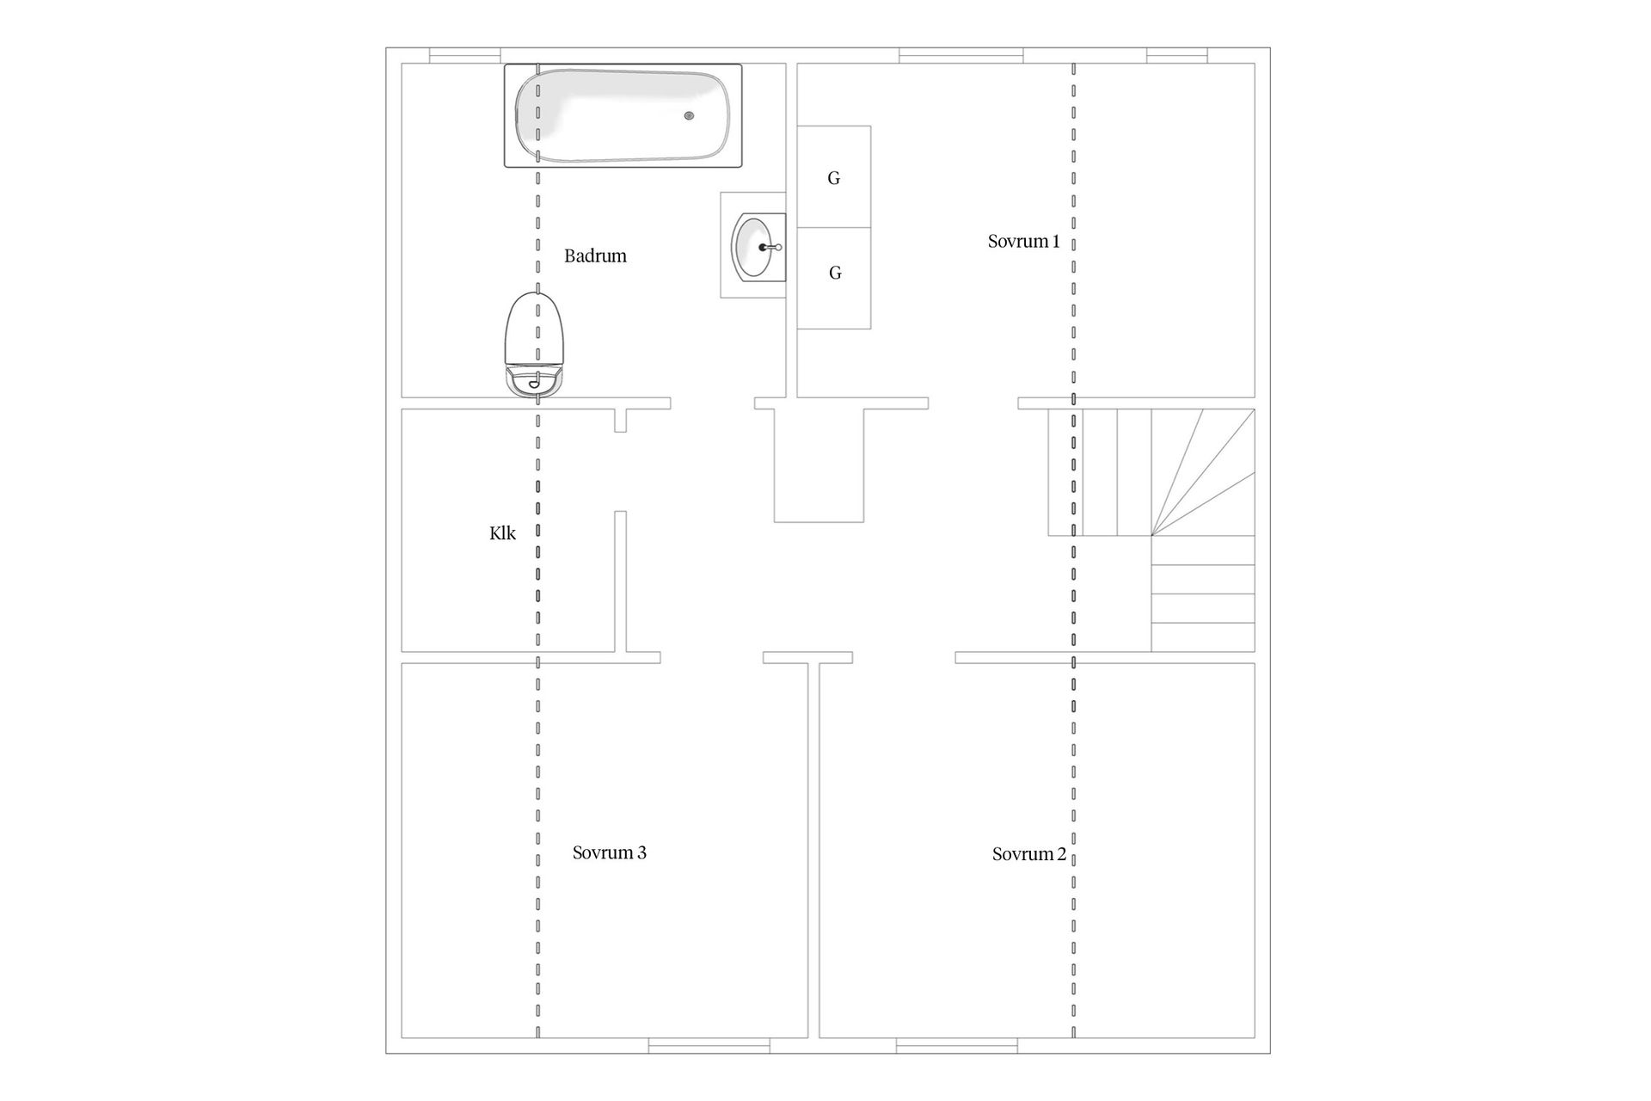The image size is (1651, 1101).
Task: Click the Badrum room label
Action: [x=595, y=256]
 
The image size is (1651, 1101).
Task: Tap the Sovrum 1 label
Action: [x=1023, y=242]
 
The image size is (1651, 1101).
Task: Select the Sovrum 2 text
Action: [x=1028, y=854]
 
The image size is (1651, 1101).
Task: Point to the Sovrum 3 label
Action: [x=609, y=852]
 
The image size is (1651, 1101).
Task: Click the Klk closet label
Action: [x=502, y=533]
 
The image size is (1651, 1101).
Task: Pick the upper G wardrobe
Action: [x=834, y=177]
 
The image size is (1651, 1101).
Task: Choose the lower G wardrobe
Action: [x=834, y=279]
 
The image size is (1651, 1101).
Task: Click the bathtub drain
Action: [x=689, y=115]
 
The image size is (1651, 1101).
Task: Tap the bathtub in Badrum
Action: [x=623, y=115]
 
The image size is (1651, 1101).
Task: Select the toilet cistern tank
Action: [x=536, y=382]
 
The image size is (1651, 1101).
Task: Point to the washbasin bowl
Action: [x=752, y=248]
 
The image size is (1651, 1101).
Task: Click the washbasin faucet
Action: [x=770, y=248]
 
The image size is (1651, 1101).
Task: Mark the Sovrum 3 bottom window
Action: [x=709, y=1046]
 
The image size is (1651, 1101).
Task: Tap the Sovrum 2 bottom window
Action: [x=957, y=1046]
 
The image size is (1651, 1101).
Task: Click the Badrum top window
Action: [x=465, y=56]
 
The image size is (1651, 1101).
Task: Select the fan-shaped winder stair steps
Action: [x=1203, y=472]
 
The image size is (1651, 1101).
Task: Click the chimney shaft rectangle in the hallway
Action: [x=819, y=465]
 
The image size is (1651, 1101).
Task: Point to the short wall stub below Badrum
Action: [x=620, y=421]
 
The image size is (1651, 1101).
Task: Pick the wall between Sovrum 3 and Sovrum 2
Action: [x=813, y=851]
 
